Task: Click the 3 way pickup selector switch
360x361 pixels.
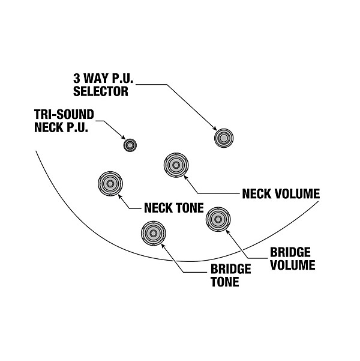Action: [x=224, y=138]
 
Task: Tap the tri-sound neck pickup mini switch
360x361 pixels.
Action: [x=130, y=144]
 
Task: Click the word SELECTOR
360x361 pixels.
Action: [x=101, y=92]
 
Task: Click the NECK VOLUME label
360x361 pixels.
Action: [x=280, y=194]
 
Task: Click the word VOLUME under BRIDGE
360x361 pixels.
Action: [x=292, y=264]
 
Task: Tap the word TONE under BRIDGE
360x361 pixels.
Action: [x=223, y=281]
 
